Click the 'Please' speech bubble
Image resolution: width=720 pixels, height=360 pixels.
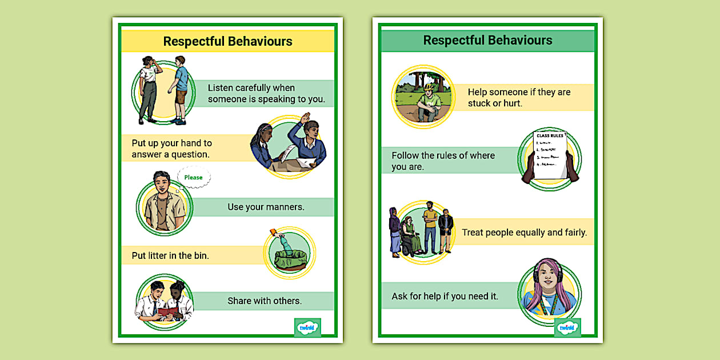[x=194, y=177]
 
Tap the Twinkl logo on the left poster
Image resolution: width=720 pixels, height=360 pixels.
[x=307, y=328]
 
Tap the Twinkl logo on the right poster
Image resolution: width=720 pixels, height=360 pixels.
[x=567, y=328]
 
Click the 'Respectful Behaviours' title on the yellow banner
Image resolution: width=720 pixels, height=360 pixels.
[x=227, y=41]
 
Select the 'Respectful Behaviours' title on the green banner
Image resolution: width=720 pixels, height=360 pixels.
[x=487, y=40]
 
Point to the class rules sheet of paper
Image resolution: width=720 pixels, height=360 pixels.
[x=550, y=154]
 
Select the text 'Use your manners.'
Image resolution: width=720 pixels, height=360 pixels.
[x=266, y=207]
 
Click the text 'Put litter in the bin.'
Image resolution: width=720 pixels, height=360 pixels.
[x=170, y=255]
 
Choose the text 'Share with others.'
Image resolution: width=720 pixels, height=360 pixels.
[x=265, y=301]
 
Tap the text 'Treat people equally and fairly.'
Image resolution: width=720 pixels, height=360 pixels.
[x=524, y=232]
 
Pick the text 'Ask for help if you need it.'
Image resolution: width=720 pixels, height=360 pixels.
[x=445, y=296]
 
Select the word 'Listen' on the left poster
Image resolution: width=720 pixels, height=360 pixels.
[x=221, y=87]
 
